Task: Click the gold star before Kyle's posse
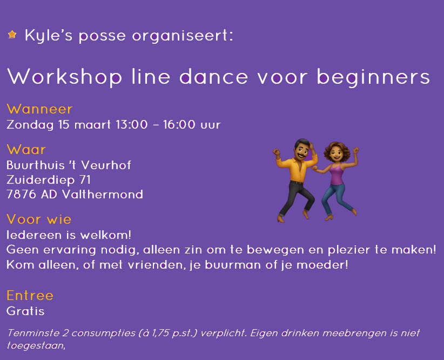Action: point(12,35)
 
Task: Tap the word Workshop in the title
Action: point(64,77)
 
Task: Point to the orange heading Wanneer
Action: point(39,109)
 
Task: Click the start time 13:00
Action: point(131,125)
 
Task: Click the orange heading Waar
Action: point(26,149)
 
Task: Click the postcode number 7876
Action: point(21,194)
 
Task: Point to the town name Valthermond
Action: point(103,194)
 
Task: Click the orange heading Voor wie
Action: point(39,219)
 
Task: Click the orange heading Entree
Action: point(30,296)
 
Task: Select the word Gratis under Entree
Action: point(25,311)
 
